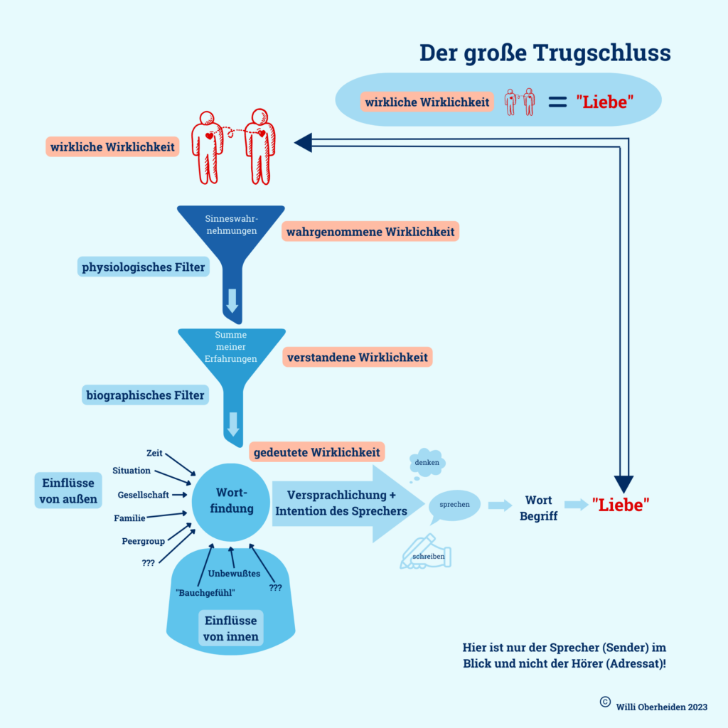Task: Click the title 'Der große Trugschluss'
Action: [x=545, y=53]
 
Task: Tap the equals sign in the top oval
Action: [x=556, y=102]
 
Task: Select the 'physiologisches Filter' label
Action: [x=144, y=267]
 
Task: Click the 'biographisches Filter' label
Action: [x=145, y=395]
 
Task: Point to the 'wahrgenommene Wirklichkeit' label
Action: [x=370, y=232]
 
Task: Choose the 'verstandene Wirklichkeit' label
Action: [x=358, y=357]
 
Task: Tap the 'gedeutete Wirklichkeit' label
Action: [x=316, y=452]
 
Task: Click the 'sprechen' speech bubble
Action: [x=454, y=504]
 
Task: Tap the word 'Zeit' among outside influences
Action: [x=154, y=453]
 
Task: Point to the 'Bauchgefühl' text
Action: [x=205, y=592]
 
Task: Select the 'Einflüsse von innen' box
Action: [x=231, y=628]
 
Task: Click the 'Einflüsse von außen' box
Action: [x=66, y=491]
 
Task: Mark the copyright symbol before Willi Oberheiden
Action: [x=605, y=701]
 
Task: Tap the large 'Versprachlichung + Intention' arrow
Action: [x=341, y=503]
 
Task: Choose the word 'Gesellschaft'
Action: [x=143, y=494]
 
